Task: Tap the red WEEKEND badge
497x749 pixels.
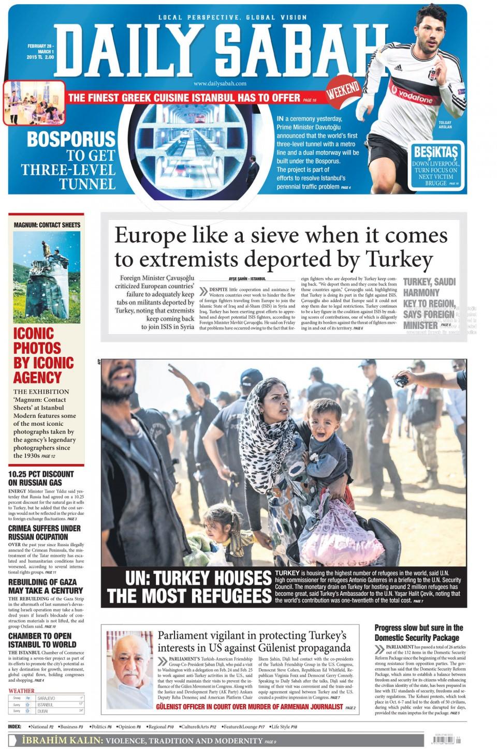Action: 343,92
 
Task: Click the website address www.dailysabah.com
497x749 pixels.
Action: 220,83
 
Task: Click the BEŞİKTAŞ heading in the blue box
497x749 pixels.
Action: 436,152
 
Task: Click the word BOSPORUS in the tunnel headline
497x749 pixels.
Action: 71,139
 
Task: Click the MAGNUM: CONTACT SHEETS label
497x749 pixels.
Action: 47,225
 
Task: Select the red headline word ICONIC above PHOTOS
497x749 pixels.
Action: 34,333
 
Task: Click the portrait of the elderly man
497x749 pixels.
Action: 129,669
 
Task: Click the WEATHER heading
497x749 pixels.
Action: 21,691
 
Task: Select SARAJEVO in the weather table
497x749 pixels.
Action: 47,698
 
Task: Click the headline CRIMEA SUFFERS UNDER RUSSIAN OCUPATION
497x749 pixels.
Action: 45,532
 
